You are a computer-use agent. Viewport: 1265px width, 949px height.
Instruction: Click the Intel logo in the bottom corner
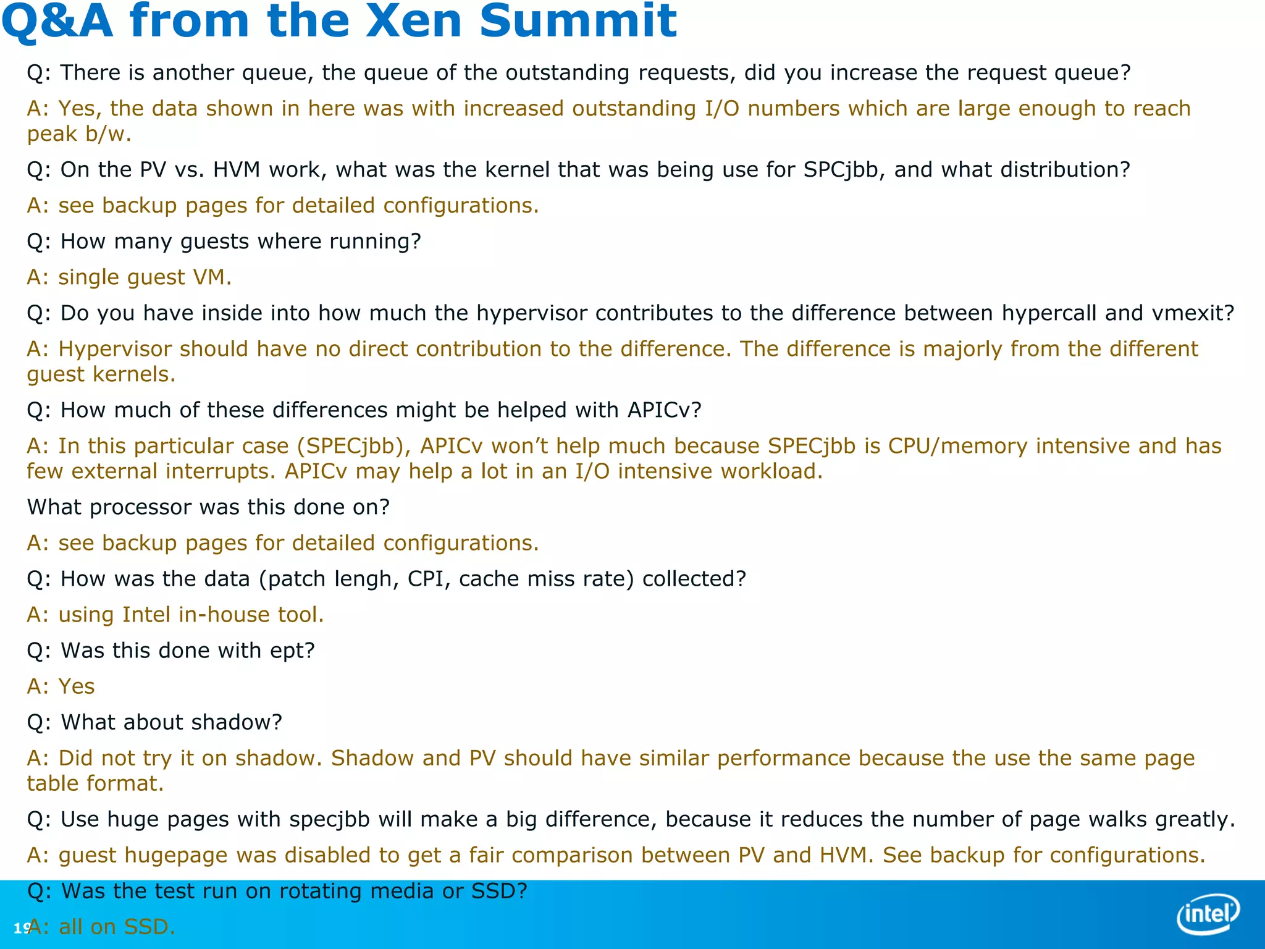click(1208, 913)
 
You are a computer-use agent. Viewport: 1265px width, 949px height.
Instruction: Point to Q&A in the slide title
click(57, 21)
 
